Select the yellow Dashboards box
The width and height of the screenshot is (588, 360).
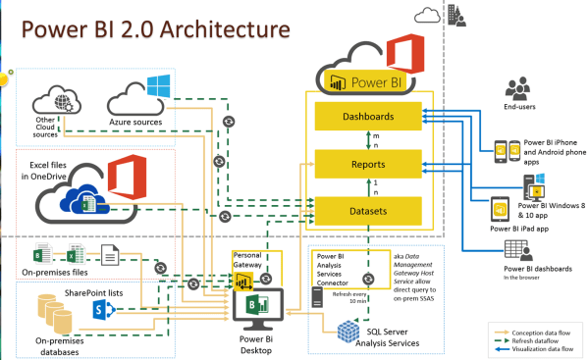[368, 116]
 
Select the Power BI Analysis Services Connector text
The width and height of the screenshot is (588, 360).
[339, 268]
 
